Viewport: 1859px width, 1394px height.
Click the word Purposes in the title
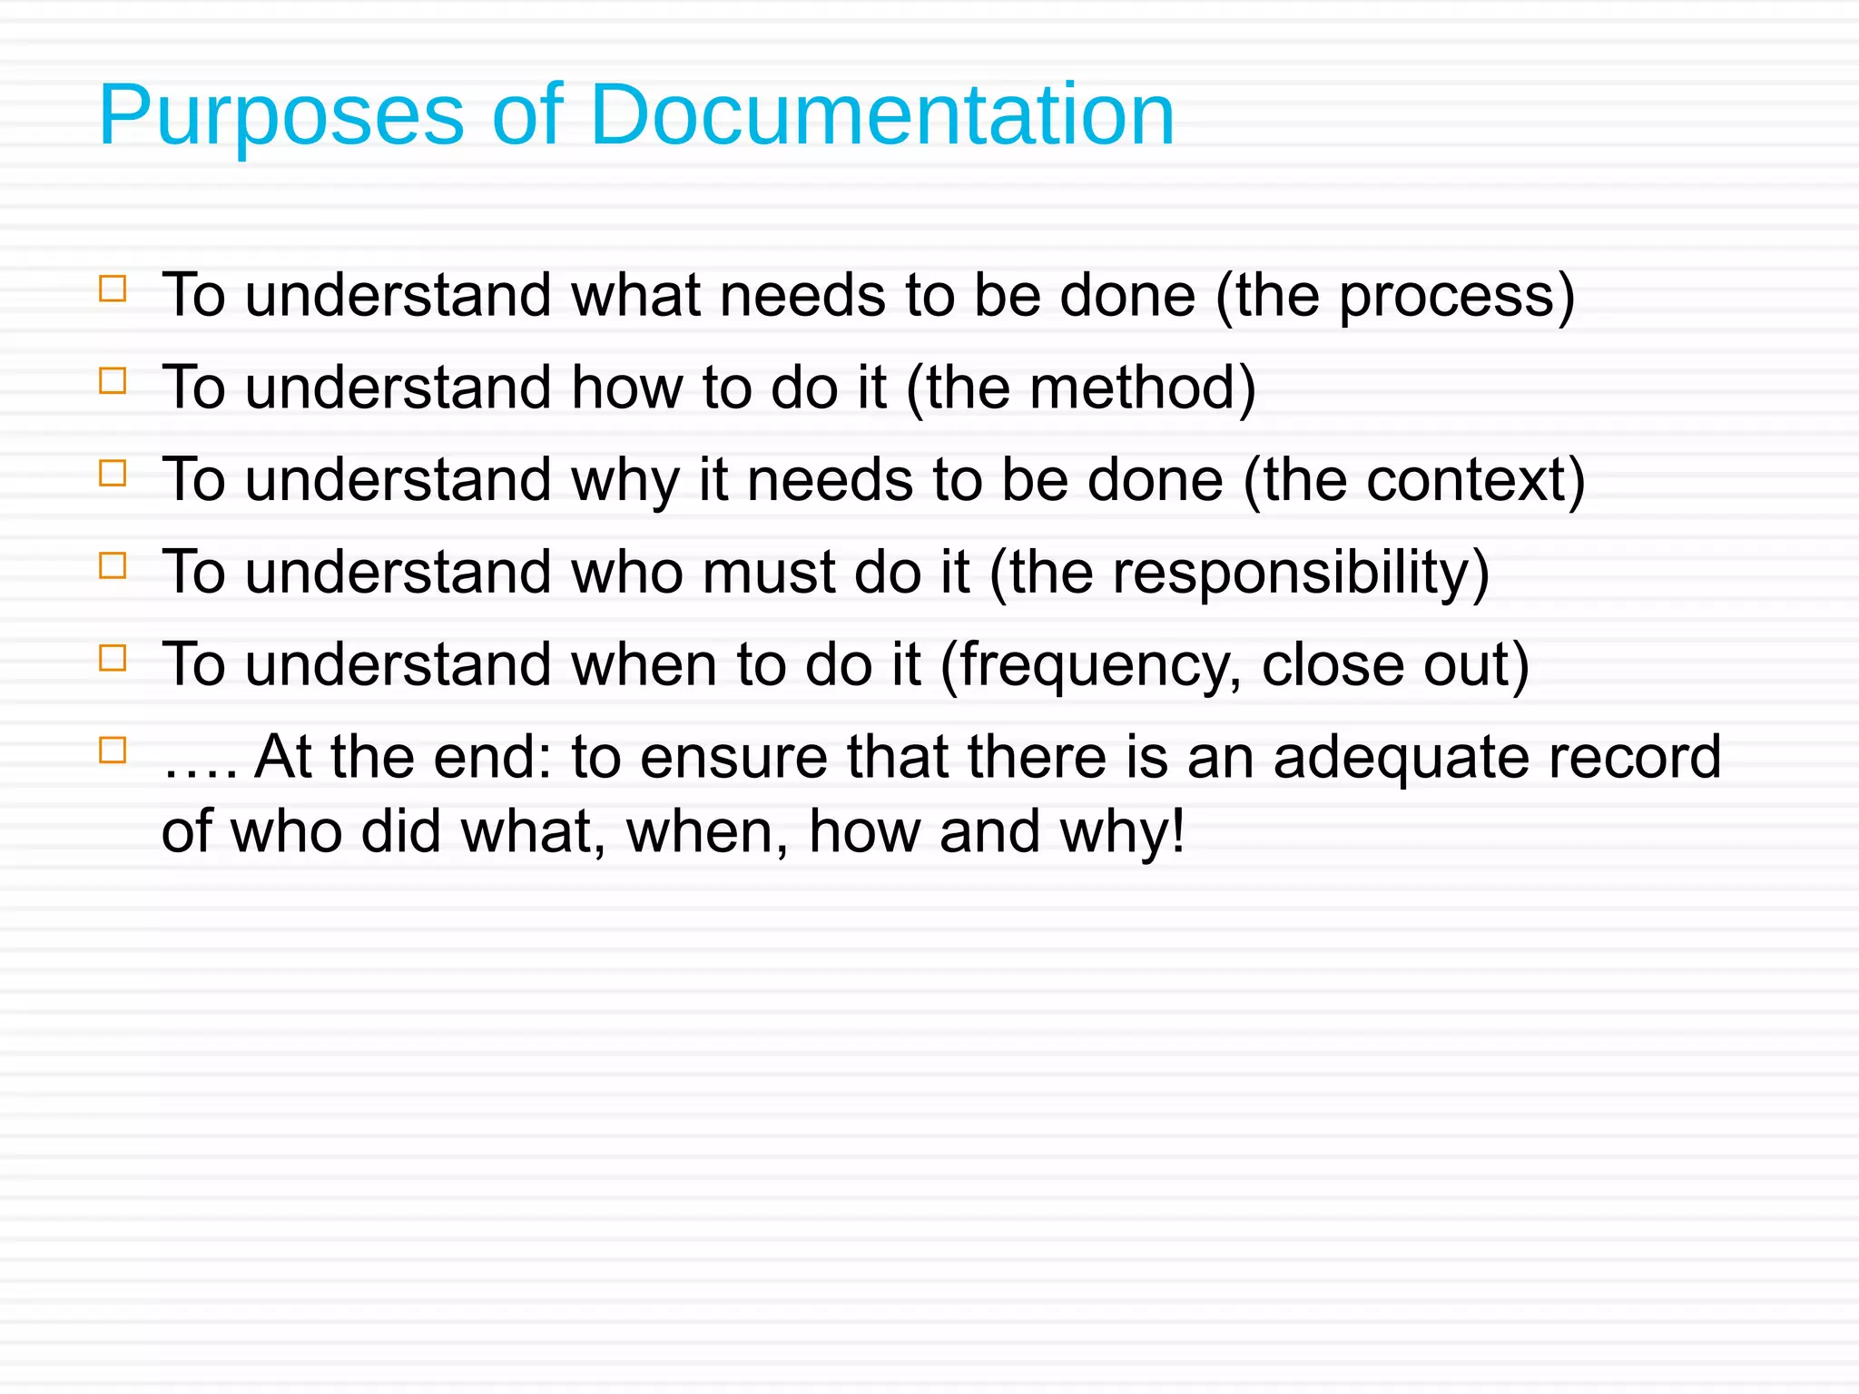tap(281, 116)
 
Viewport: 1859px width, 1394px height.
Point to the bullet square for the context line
tap(113, 473)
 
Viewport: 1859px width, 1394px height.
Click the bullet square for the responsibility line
tap(113, 565)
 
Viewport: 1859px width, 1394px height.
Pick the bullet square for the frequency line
tap(113, 658)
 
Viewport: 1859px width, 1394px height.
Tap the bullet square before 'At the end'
tap(113, 751)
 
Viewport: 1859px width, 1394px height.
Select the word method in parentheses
tap(1130, 388)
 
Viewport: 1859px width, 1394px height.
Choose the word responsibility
tap(1290, 574)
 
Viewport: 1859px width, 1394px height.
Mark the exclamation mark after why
tap(1177, 831)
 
